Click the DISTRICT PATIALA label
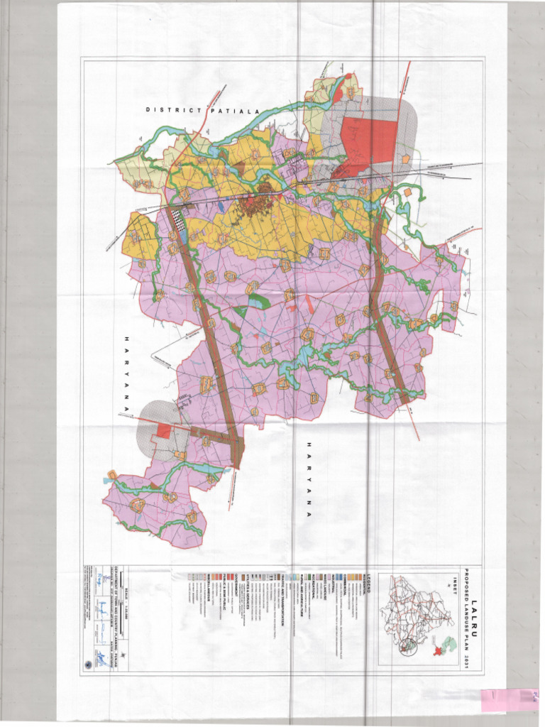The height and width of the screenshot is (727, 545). click(x=203, y=110)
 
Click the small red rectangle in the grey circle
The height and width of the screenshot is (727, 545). click(x=163, y=430)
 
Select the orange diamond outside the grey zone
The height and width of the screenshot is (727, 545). click(x=409, y=192)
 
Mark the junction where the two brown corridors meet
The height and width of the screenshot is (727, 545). click(x=236, y=447)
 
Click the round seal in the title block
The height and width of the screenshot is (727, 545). click(x=87, y=665)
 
